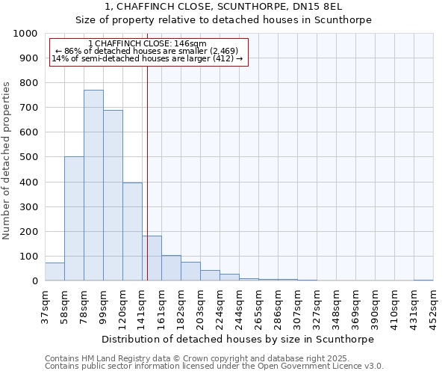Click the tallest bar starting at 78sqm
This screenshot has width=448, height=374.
click(93, 186)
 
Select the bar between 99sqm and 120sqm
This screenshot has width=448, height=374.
click(113, 195)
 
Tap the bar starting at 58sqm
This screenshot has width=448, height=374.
click(74, 218)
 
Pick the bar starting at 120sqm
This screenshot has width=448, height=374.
click(132, 232)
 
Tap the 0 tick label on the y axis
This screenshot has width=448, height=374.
click(34, 281)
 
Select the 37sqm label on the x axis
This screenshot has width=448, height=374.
click(45, 307)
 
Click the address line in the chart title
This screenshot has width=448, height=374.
click(223, 6)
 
